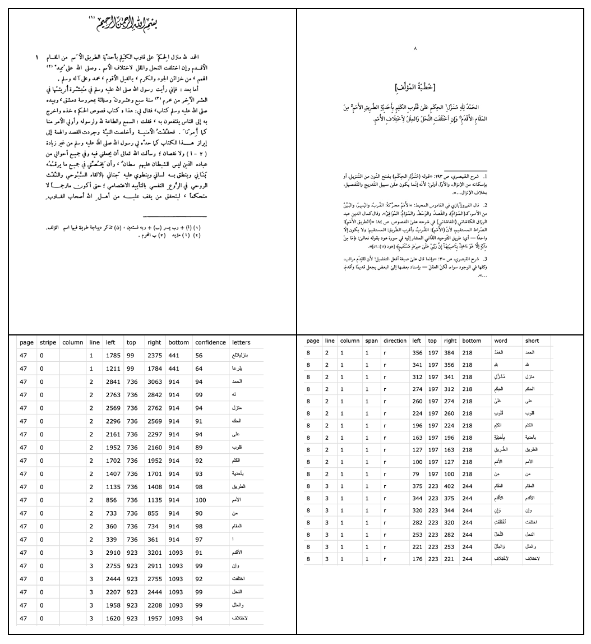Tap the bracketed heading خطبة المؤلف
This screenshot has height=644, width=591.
tap(415, 87)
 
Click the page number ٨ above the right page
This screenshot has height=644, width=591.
tap(415, 49)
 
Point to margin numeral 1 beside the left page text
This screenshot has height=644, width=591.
tap(37, 58)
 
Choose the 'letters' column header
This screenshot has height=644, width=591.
tap(241, 342)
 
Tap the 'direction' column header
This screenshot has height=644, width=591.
tap(395, 341)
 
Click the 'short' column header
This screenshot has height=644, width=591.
tap(532, 341)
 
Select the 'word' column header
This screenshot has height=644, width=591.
tap(501, 341)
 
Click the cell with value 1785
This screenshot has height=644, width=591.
tap(112, 356)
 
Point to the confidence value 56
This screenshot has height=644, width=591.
tap(199, 356)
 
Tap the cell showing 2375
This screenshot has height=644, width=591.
tap(154, 356)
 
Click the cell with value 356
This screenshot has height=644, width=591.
tap(417, 352)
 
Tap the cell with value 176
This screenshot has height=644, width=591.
tap(417, 559)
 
